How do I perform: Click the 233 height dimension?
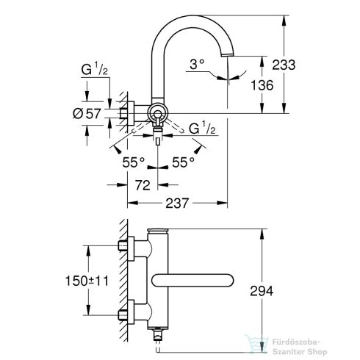tap(283, 65)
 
